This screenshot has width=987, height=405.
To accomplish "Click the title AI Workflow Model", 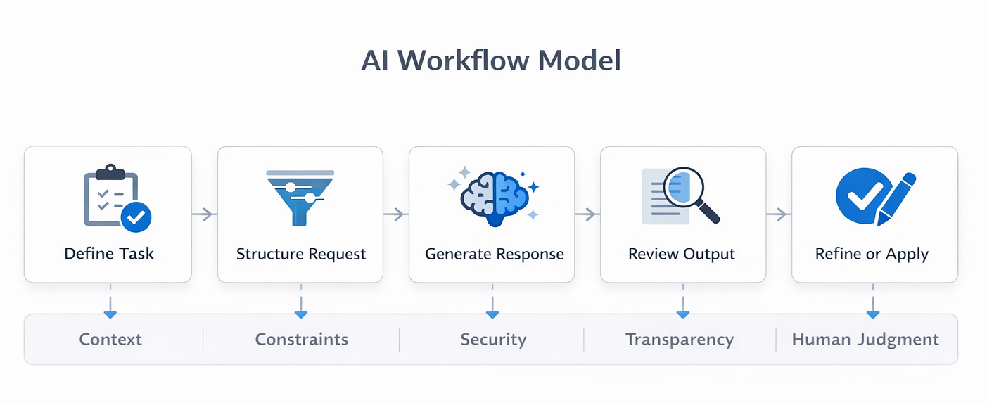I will [491, 61].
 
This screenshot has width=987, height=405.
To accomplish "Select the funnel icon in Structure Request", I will [300, 198].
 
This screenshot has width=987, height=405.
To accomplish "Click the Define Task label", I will [109, 254].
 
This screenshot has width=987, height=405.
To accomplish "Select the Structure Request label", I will [301, 254].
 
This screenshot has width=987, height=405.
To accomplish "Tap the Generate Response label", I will [494, 254].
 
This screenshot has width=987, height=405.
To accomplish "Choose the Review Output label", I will [682, 254].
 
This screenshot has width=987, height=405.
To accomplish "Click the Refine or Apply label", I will [872, 254].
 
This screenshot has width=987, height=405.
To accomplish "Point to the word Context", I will [110, 340].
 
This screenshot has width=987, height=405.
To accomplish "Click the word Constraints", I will [301, 340].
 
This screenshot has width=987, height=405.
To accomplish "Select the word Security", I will [493, 340].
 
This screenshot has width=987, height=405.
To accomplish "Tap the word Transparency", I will [680, 340].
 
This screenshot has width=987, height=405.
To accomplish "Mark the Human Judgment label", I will [865, 340].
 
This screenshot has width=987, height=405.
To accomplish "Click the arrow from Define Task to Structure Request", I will [204, 214].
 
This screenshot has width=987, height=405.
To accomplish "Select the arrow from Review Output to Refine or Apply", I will [779, 214].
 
